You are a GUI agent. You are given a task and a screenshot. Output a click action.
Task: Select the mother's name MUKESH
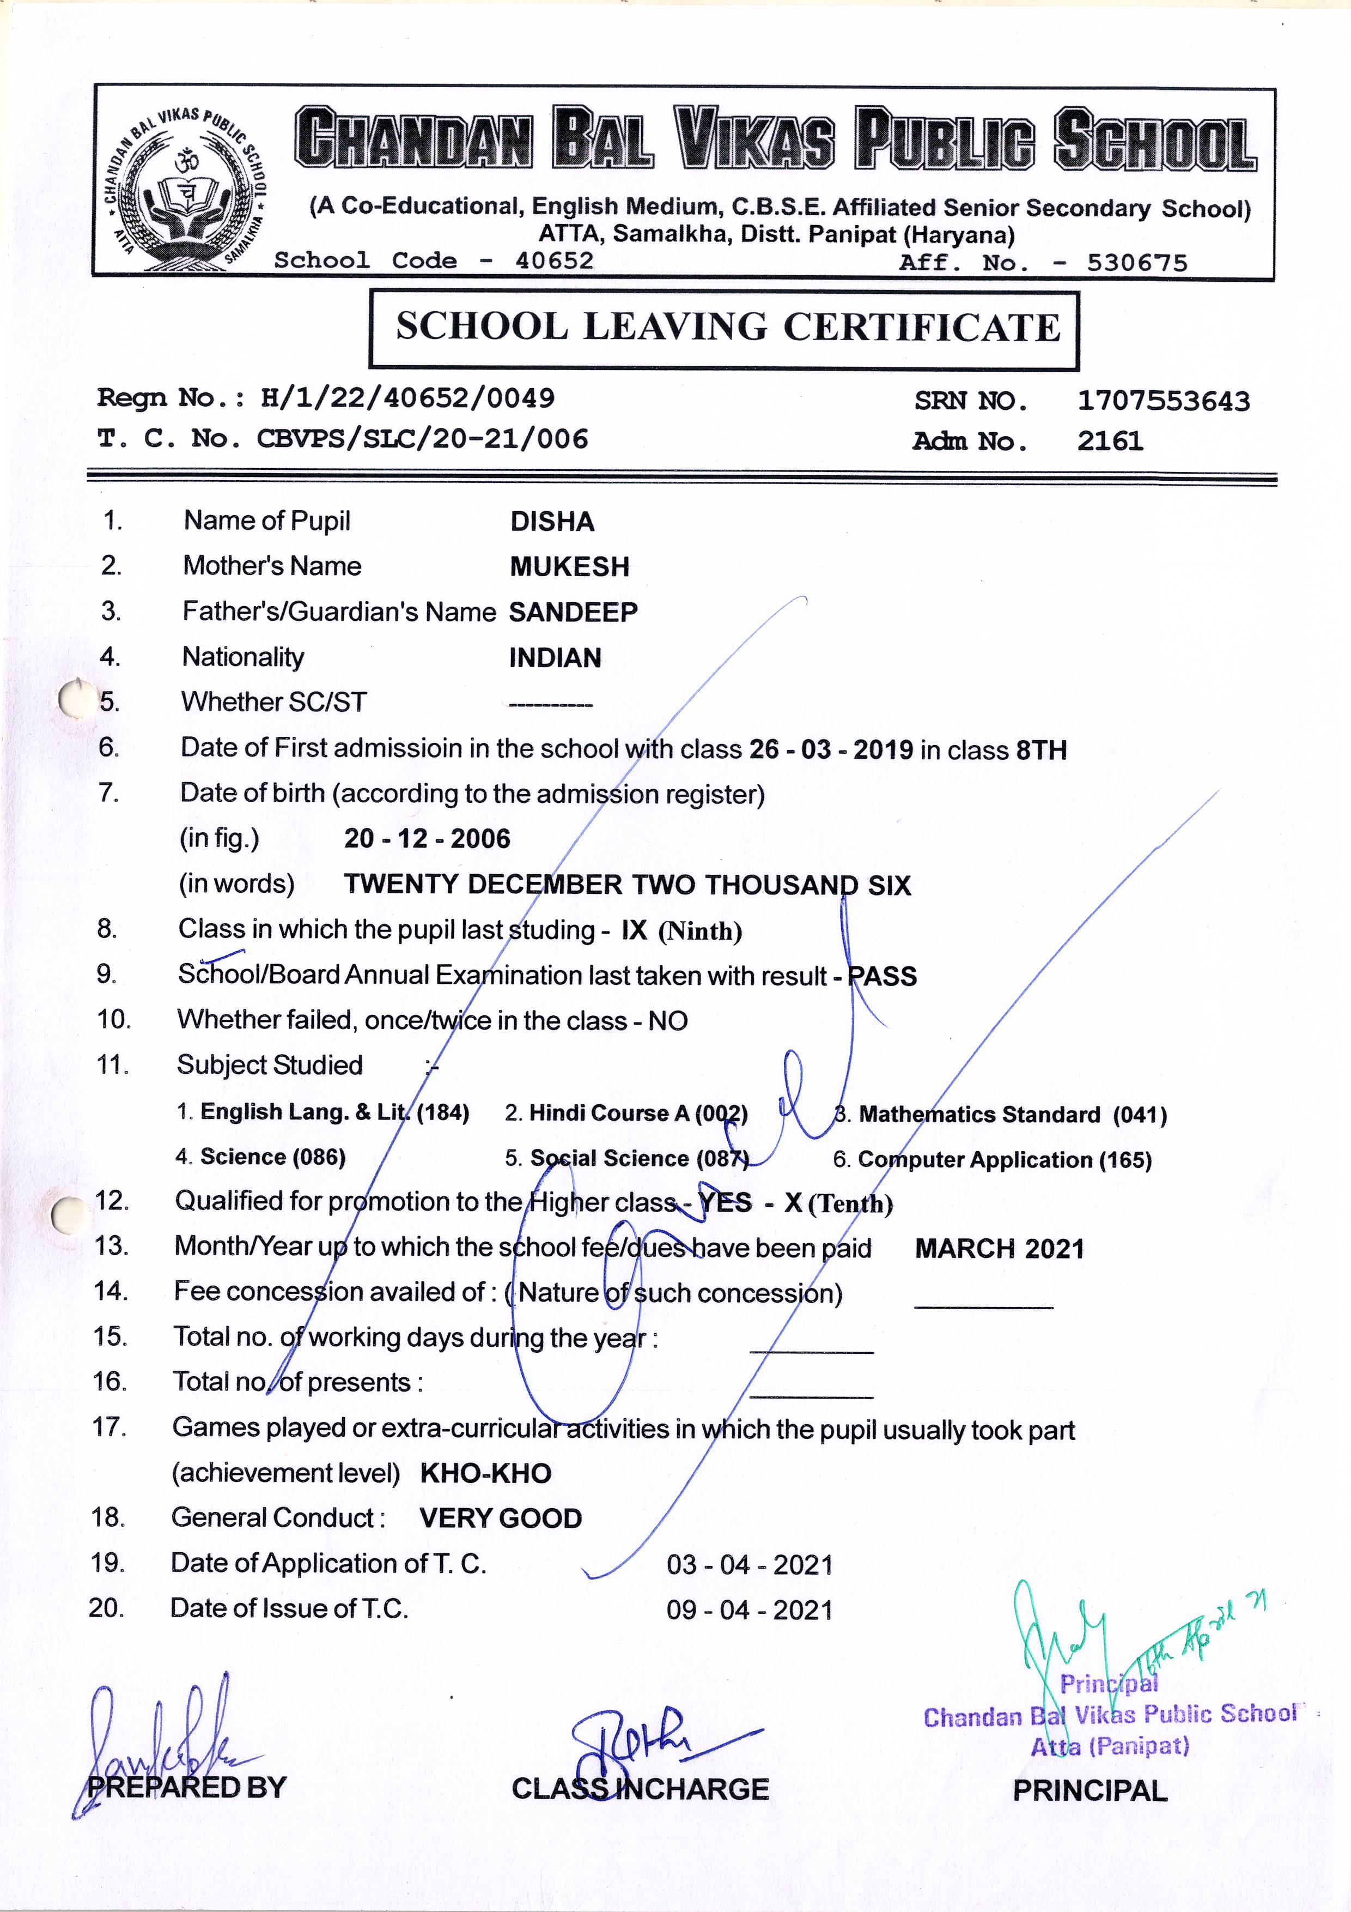pyautogui.click(x=569, y=567)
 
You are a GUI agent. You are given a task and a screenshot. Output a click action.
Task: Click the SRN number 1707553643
pyautogui.click(x=1163, y=401)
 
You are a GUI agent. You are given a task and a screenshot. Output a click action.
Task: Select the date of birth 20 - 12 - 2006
pyautogui.click(x=427, y=839)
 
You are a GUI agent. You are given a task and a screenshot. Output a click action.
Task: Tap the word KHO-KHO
pyautogui.click(x=485, y=1474)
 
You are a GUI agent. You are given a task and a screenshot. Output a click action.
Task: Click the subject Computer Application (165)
pyautogui.click(x=1004, y=1160)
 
